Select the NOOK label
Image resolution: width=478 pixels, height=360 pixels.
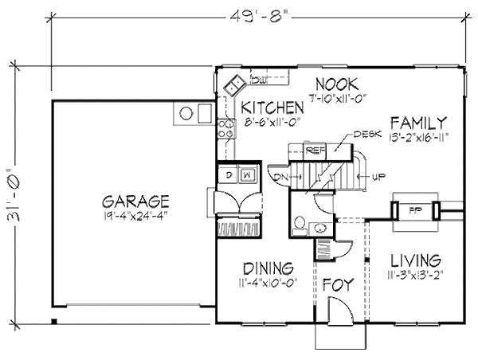point(336,84)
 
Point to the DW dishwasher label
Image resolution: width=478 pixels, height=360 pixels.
point(258,78)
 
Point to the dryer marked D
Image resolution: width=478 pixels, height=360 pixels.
point(228,173)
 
